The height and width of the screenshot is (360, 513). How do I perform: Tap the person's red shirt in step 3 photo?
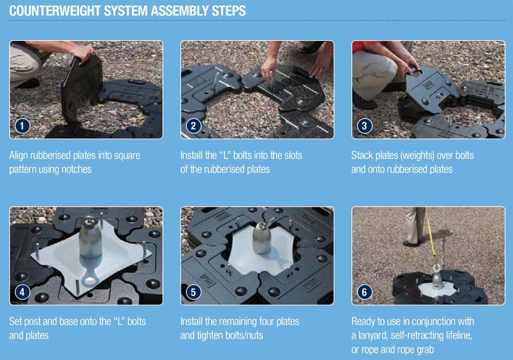pos(360,46)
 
